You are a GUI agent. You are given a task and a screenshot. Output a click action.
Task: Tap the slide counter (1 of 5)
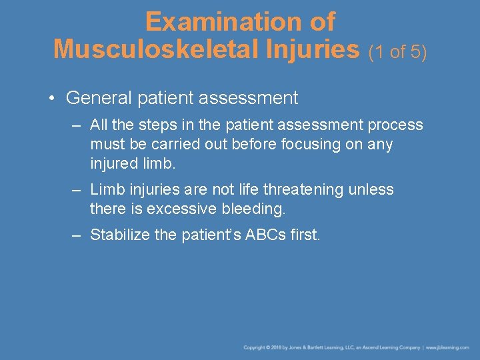[398, 51]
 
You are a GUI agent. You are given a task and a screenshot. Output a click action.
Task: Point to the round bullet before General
[52, 99]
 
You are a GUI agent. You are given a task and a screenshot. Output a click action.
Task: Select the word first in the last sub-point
[304, 235]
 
